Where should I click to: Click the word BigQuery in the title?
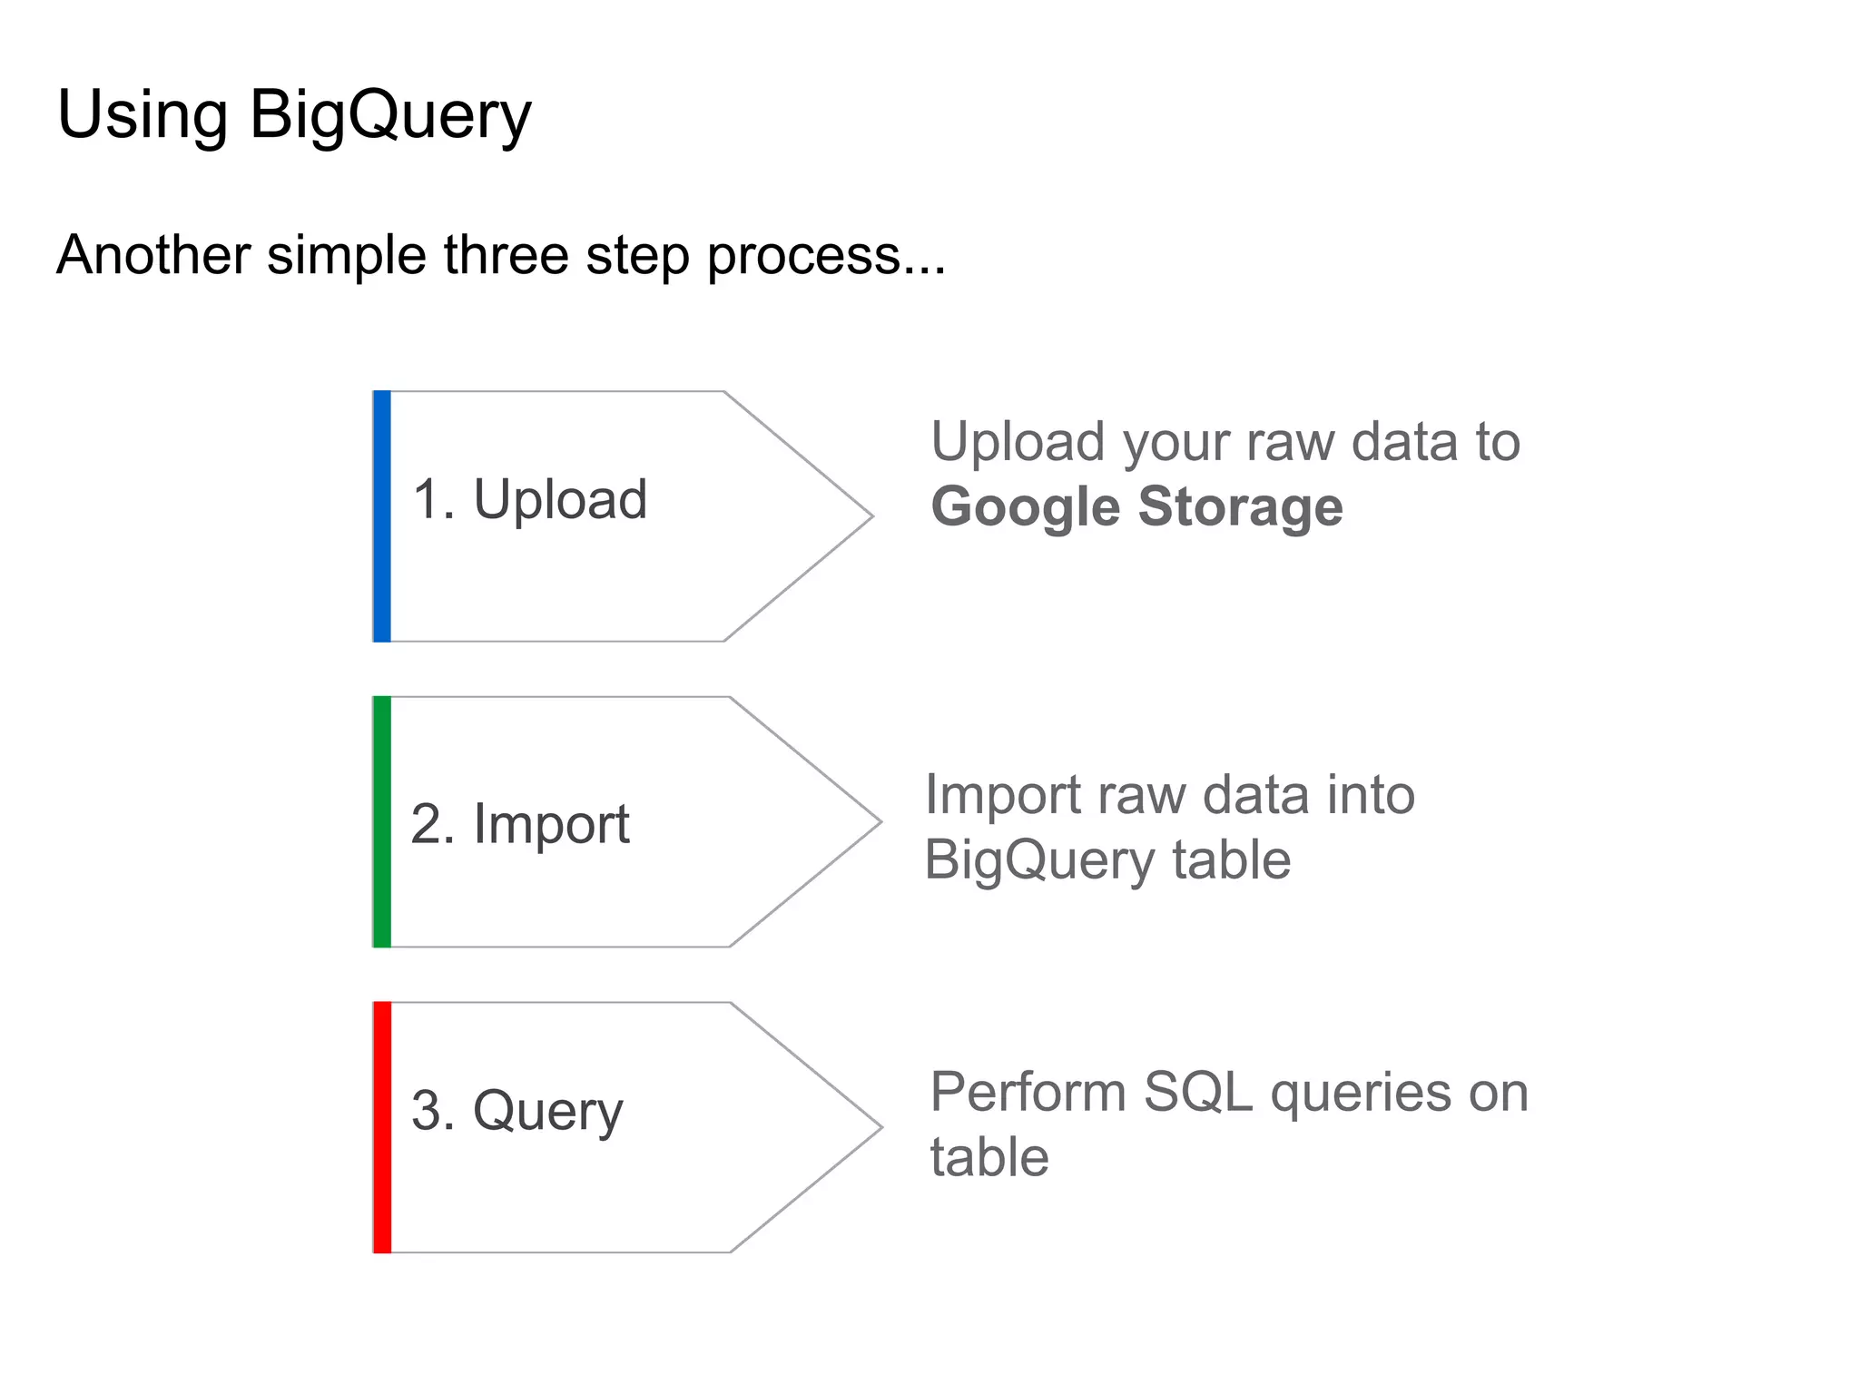click(389, 116)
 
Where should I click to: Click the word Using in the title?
click(142, 116)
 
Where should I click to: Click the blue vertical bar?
click(382, 516)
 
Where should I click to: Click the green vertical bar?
click(382, 822)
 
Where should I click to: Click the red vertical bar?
click(382, 1127)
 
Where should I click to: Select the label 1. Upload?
click(529, 499)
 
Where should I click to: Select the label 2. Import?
click(519, 824)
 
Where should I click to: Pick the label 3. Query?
click(516, 1111)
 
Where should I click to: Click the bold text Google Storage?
click(1136, 506)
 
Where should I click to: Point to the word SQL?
click(1197, 1092)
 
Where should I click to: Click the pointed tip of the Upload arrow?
click(869, 516)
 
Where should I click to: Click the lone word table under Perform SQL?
click(989, 1158)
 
